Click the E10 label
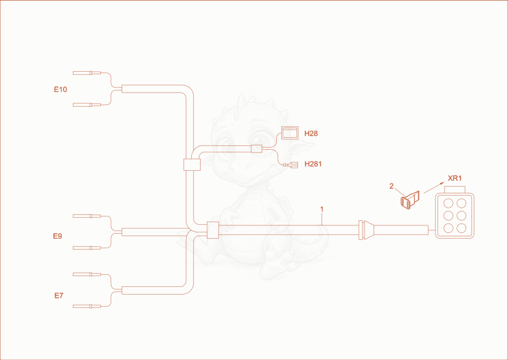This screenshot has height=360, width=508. (x=60, y=90)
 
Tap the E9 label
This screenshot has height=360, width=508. (x=57, y=236)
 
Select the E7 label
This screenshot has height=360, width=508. (x=58, y=295)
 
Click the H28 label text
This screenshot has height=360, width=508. (x=311, y=133)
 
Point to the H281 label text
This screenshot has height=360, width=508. (x=313, y=164)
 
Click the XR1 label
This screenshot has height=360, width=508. (x=455, y=178)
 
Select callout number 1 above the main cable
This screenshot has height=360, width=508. (x=322, y=210)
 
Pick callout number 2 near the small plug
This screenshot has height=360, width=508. (x=391, y=186)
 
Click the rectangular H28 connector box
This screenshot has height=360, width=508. (x=290, y=133)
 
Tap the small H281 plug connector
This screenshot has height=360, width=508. (x=291, y=165)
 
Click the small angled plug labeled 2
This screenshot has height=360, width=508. (x=410, y=200)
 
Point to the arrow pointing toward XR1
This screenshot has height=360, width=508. (x=434, y=187)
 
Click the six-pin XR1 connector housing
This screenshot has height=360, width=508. (x=455, y=215)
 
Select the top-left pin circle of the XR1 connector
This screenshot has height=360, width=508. (x=448, y=204)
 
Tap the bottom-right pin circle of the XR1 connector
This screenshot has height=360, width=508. (x=461, y=228)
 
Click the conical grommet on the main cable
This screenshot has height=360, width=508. (x=366, y=230)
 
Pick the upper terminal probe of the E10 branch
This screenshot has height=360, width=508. (x=87, y=73)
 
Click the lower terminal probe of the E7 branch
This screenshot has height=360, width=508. (x=87, y=306)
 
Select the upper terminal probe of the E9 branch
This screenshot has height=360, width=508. (x=87, y=216)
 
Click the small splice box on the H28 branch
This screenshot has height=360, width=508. (x=257, y=149)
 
